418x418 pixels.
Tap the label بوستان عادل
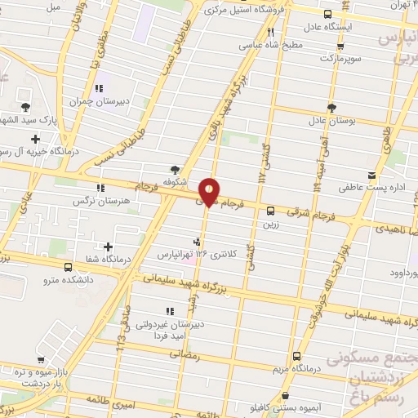pos(332,121)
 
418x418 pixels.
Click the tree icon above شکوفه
pos(175,169)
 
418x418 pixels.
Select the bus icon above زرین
pos(271,209)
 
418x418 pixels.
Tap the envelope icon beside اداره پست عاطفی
pos(372,176)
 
